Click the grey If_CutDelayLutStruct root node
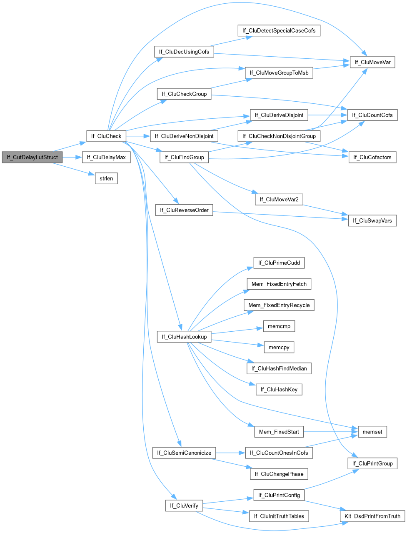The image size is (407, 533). tap(32, 158)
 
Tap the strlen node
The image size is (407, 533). tap(106, 179)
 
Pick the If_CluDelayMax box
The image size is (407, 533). tap(106, 158)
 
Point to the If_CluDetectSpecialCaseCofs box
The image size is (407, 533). tap(279, 31)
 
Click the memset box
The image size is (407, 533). tap(372, 432)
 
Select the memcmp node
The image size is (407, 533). tap(279, 326)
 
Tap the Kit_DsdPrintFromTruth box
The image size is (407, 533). tap(372, 516)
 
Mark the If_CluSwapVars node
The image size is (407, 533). tap(372, 220)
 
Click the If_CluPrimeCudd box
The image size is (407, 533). tap(279, 263)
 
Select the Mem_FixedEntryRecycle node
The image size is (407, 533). tap(279, 305)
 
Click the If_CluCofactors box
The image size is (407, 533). tap(372, 157)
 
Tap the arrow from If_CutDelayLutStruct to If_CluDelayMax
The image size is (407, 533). tap(72, 158)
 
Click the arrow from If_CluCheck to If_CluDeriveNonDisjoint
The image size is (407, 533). tap(137, 136)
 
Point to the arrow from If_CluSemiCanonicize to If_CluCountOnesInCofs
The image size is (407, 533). tap(230, 453)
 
